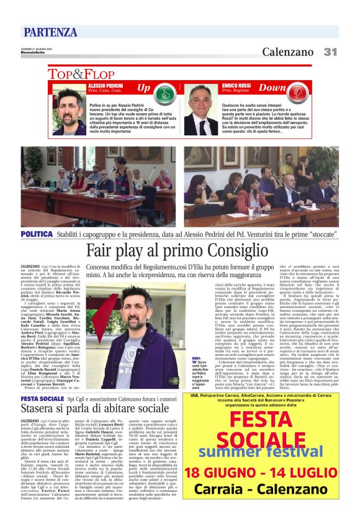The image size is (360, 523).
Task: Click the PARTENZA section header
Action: pyautogui.click(x=50, y=32)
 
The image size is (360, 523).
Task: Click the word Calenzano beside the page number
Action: pyautogui.click(x=287, y=52)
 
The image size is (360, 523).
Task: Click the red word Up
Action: pyautogui.click(x=143, y=88)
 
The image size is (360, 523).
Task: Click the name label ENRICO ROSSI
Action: pyautogui.click(x=235, y=84)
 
